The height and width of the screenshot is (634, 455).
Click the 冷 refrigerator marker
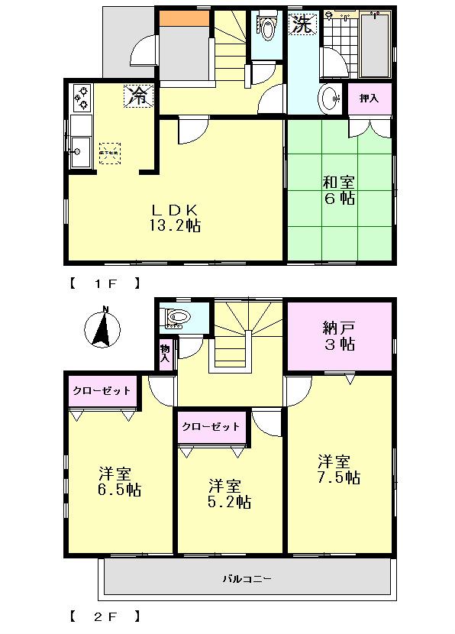coord(138,95)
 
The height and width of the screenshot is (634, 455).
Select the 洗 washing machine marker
coord(302,24)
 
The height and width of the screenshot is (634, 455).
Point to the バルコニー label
coord(247,578)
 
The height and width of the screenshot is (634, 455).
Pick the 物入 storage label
coord(165,354)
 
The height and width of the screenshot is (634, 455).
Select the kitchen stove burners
coord(81,98)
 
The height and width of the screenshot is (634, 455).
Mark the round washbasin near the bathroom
coord(331,99)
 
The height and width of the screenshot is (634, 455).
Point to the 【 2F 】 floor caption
coord(105,615)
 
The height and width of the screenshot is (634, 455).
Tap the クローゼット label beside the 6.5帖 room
coord(102,390)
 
